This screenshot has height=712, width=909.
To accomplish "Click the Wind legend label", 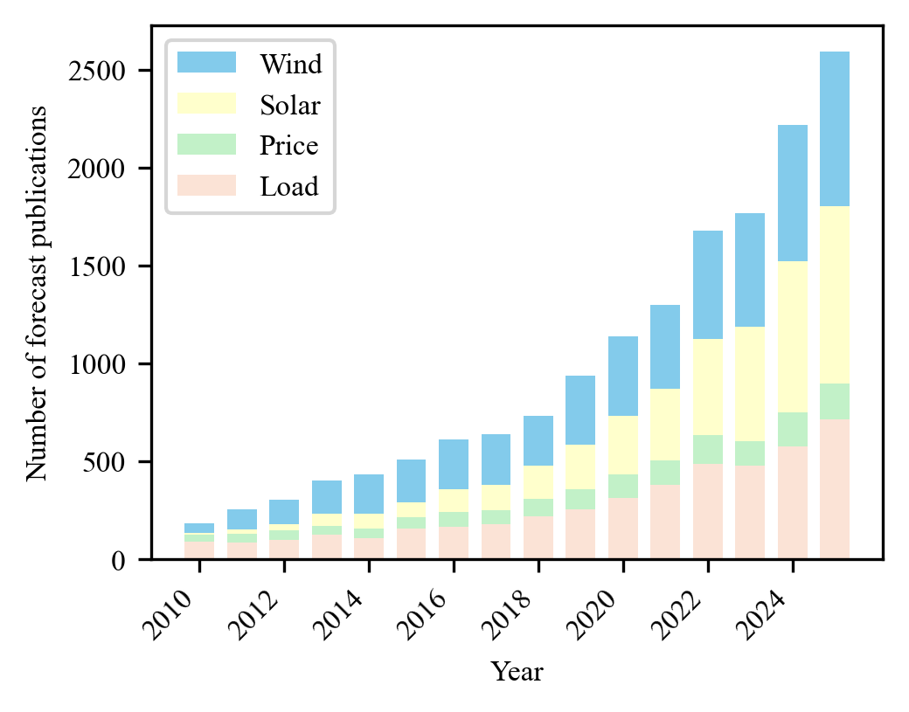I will (x=290, y=64).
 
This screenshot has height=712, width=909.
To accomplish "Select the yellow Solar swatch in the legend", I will (x=206, y=104).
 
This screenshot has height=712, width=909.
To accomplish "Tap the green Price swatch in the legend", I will (x=206, y=144).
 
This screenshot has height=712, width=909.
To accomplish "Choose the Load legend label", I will (x=288, y=185).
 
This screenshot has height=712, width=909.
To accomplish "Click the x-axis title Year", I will (x=517, y=672).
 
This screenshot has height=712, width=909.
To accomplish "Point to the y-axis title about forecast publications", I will (x=36, y=293).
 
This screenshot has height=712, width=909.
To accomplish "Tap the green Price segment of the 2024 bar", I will (x=792, y=429).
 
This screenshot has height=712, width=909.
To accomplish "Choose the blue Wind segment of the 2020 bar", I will (x=623, y=376).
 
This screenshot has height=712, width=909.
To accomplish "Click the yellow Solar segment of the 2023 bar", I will (x=750, y=384).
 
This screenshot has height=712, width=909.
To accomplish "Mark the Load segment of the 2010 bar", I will (x=199, y=550).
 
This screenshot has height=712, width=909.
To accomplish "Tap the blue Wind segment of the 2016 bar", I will (x=454, y=464).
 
